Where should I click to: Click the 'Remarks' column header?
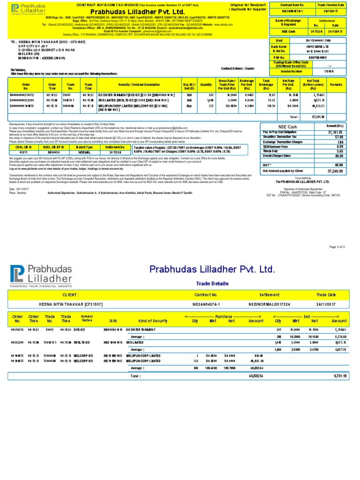tap(337, 84)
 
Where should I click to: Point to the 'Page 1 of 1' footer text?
tap(337, 246)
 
